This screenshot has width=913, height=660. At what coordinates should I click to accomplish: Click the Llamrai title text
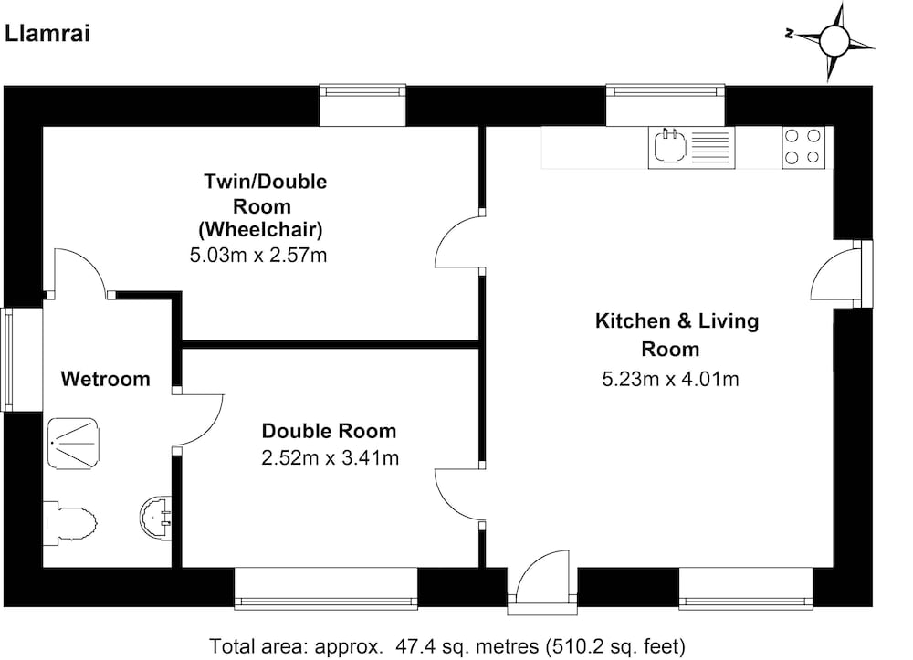pos(47,33)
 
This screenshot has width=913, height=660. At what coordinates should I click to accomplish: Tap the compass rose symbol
pos(834,39)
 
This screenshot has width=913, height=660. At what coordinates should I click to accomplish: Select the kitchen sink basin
pos(669,146)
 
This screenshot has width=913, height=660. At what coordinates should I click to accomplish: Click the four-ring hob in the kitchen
pos(803,147)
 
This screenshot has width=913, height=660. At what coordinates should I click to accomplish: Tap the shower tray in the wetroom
pos(73,443)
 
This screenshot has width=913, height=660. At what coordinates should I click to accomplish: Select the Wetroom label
pos(105,379)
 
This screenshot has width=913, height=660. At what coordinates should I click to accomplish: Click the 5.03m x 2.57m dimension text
pos(258,255)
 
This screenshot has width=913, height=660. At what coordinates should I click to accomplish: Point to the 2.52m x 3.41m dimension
pos(331,458)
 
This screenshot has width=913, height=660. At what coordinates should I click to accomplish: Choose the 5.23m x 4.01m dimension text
pos(670,380)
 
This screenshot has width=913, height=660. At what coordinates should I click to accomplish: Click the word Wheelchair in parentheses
pos(261,229)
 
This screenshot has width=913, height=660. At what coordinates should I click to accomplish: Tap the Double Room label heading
pos(329,431)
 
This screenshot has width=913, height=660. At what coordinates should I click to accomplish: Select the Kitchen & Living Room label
pos(677,335)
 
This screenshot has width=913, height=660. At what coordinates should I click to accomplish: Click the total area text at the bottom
pos(447,646)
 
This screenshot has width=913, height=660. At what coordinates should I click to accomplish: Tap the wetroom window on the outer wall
pos(7,360)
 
